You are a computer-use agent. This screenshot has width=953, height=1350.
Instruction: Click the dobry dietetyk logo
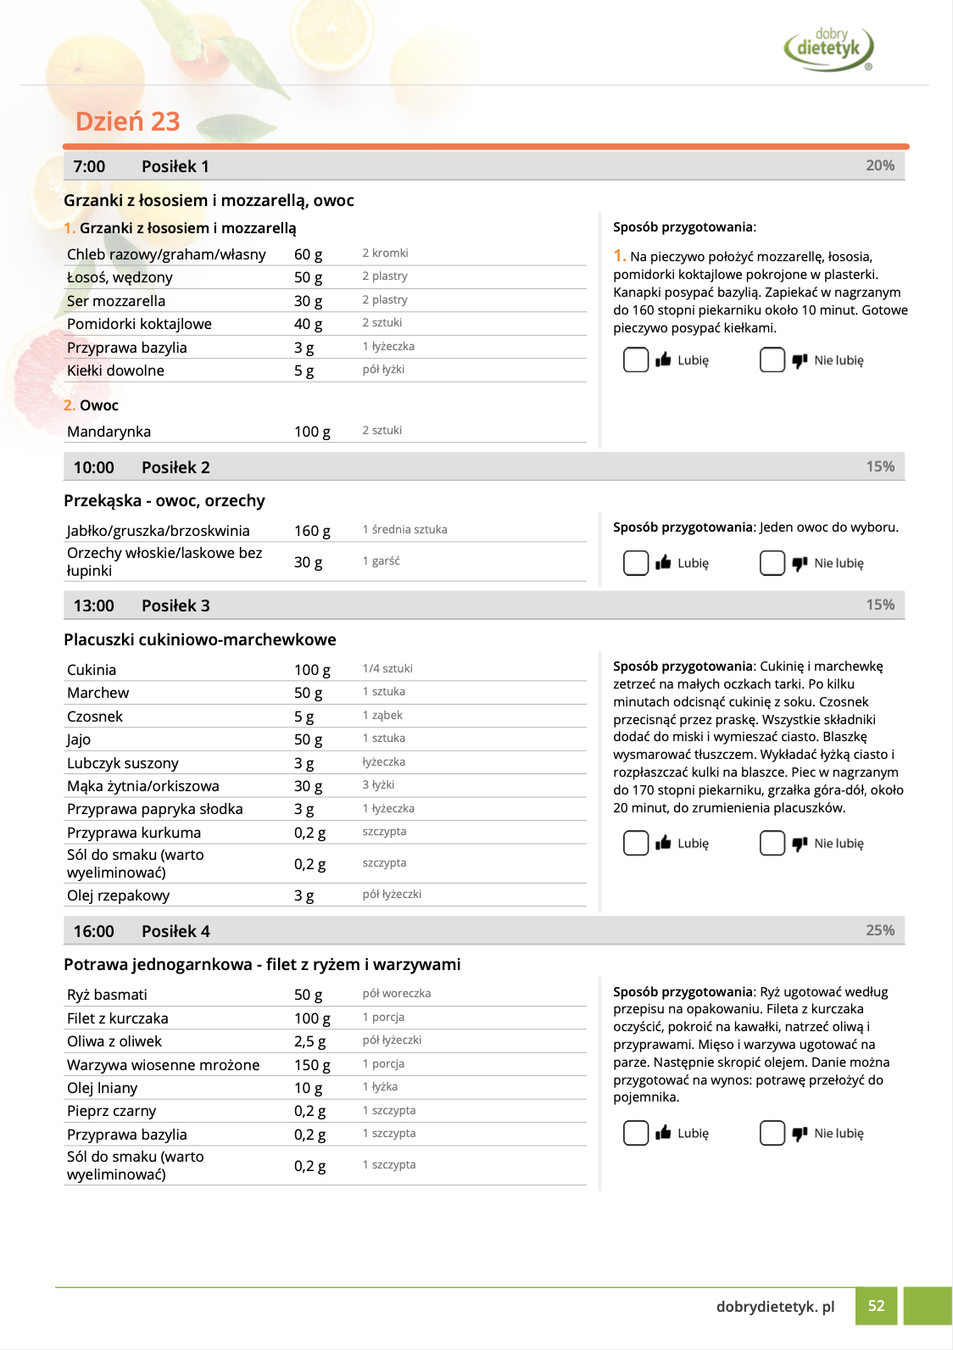828,47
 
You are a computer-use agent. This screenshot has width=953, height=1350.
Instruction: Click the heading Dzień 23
128,121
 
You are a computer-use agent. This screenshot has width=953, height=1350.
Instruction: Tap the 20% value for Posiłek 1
880,165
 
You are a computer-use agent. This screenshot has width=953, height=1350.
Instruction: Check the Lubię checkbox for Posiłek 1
636,360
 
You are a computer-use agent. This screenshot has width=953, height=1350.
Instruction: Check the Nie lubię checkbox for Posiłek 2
772,563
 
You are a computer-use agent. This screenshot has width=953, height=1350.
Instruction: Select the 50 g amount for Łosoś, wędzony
308,277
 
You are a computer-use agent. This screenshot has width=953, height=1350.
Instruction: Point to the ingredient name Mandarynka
109,432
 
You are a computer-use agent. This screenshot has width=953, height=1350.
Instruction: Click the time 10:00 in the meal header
93,467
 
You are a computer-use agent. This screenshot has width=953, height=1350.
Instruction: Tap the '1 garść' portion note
381,561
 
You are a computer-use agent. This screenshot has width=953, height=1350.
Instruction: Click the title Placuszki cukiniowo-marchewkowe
200,639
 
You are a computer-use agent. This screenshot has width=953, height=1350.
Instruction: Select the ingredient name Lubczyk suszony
123,763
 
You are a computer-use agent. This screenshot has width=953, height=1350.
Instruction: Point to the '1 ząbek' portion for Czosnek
382,715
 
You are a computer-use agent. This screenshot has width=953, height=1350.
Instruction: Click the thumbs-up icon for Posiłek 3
663,842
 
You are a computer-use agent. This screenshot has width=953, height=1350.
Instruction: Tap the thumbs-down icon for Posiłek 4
800,1133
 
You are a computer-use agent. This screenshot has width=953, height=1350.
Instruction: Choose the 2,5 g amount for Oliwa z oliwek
309,1041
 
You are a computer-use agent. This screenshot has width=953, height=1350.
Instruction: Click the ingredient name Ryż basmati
107,995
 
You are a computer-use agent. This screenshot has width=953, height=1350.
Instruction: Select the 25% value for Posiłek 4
880,930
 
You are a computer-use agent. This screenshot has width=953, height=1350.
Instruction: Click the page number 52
877,1306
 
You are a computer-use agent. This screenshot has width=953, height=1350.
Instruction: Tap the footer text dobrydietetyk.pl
775,1307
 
